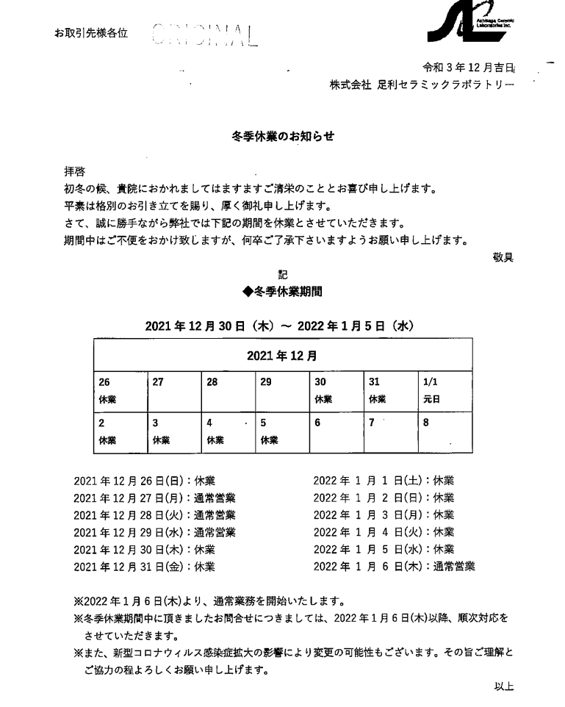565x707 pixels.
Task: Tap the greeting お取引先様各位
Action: pyautogui.click(x=91, y=34)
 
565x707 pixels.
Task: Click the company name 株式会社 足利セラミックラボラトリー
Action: pyautogui.click(x=422, y=85)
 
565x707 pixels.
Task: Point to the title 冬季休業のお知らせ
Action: pyautogui.click(x=282, y=136)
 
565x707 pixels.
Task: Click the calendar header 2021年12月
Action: pyautogui.click(x=282, y=356)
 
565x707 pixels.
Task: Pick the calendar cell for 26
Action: pyautogui.click(x=120, y=391)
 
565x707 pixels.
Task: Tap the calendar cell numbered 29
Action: pyautogui.click(x=282, y=391)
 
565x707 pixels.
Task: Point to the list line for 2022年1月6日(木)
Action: pyautogui.click(x=394, y=567)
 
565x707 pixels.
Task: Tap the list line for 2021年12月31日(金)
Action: pyautogui.click(x=144, y=567)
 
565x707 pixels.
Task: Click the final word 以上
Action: pyautogui.click(x=504, y=686)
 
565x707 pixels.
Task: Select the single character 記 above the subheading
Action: pyautogui.click(x=282, y=275)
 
